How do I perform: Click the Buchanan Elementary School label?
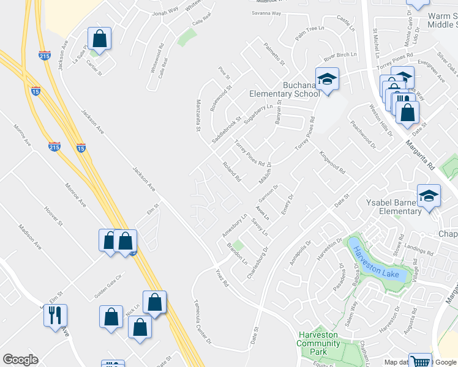point(284,89)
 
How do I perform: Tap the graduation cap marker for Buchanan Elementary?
point(327,80)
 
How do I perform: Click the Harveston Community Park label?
point(318,343)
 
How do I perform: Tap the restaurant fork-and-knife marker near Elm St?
point(56,316)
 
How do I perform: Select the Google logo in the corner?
point(20,360)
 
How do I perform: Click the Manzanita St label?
point(198,116)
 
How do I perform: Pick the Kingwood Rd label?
point(333,161)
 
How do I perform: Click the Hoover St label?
point(53,217)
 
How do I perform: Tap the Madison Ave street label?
point(29,236)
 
